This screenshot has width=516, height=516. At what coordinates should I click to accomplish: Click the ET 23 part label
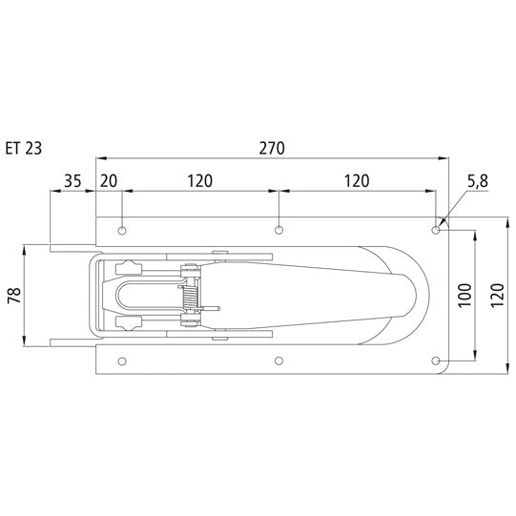tap(22, 148)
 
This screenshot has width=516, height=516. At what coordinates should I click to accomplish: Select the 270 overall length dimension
tap(272, 148)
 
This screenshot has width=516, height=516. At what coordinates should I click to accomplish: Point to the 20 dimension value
tap(108, 180)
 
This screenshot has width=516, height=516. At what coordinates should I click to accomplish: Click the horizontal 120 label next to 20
tap(199, 180)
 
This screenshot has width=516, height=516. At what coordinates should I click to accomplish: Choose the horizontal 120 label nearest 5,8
tap(356, 180)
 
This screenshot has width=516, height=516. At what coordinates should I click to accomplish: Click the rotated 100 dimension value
tap(464, 295)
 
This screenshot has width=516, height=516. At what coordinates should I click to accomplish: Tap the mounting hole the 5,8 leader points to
tap(436, 230)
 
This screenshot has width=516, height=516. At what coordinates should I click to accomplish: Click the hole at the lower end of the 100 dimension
tap(436, 361)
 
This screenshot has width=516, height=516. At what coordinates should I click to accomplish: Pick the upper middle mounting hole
tap(279, 230)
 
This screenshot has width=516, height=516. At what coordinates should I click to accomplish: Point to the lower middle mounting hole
tap(279, 361)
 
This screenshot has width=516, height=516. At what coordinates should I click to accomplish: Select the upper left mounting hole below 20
tap(122, 230)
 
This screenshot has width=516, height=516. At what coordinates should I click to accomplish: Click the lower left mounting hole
tap(122, 361)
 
